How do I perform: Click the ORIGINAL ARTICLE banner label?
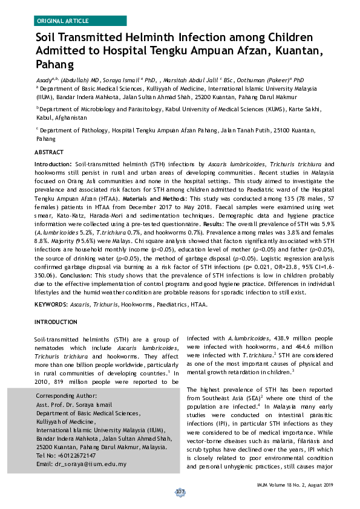63,21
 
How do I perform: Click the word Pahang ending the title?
54,65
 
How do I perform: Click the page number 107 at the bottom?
180,492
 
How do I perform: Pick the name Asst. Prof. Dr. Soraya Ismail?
79,404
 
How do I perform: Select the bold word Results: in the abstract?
229,223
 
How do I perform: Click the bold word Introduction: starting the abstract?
53,164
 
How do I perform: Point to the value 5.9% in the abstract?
327,223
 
